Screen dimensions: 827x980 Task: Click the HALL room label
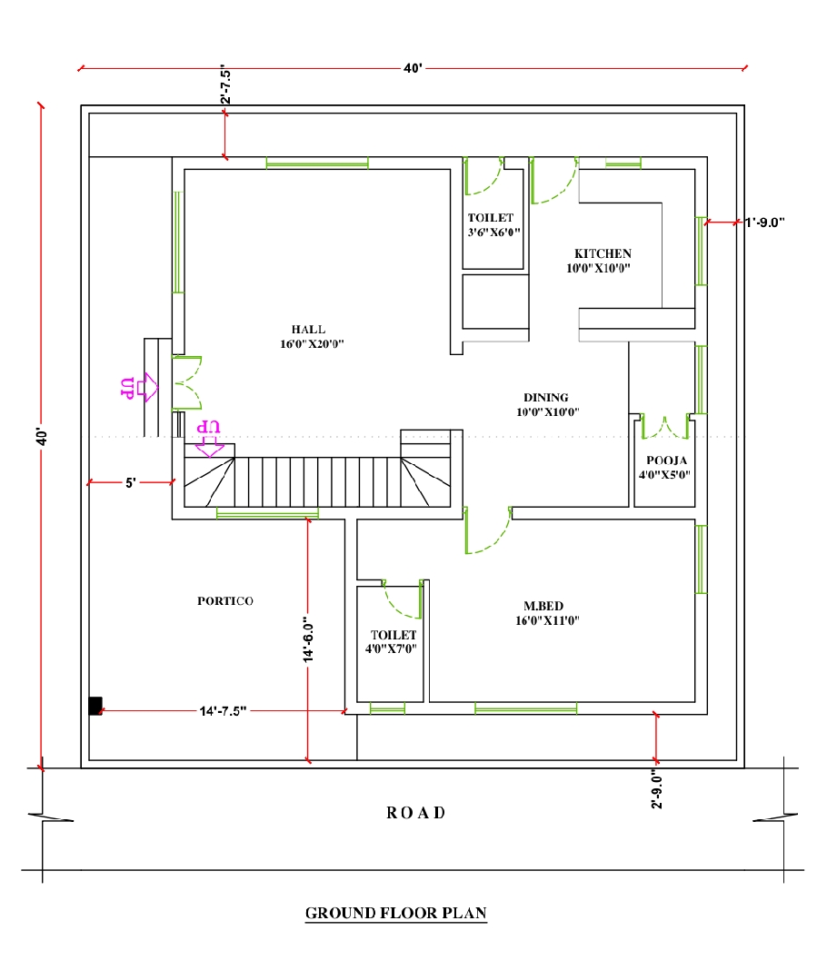click(308, 330)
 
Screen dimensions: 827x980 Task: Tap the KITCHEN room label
click(603, 253)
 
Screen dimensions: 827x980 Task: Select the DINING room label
click(546, 398)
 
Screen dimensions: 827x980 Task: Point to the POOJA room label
click(667, 460)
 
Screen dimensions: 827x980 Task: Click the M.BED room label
click(543, 606)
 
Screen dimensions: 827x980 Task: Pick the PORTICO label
click(225, 601)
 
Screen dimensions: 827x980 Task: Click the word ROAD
click(416, 813)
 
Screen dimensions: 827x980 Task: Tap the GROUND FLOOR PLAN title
click(396, 913)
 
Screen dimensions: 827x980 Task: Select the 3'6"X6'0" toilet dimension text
click(494, 233)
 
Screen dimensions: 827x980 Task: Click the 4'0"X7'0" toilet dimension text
click(391, 648)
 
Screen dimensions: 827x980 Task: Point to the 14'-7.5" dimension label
click(223, 711)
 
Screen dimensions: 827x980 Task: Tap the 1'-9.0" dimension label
click(764, 223)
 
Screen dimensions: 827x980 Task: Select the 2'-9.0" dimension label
click(656, 788)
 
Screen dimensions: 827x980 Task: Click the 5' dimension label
click(130, 482)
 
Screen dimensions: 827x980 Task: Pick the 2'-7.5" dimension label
click(225, 84)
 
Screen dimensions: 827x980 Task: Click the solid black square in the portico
click(95, 707)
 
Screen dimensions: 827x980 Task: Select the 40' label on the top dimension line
click(413, 68)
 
